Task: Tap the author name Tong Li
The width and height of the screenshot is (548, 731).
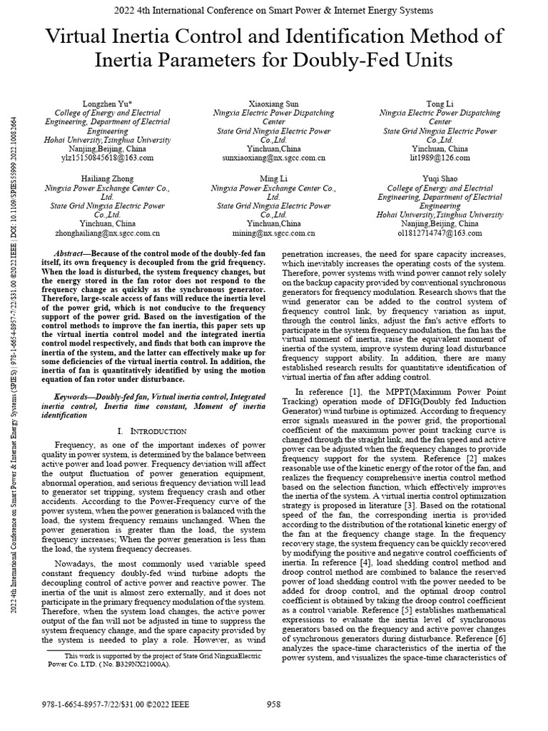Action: click(x=440, y=104)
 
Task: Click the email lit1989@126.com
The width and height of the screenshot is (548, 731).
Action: click(x=440, y=158)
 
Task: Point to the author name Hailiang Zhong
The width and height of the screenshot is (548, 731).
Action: click(x=107, y=178)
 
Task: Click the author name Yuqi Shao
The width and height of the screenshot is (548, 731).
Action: click(x=440, y=178)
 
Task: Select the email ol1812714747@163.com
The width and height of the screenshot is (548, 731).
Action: click(x=440, y=233)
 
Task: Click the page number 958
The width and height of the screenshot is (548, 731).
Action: click(x=273, y=705)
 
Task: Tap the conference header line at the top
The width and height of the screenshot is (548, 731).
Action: click(x=273, y=10)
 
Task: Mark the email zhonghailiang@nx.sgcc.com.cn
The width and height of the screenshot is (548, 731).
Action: click(x=107, y=233)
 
